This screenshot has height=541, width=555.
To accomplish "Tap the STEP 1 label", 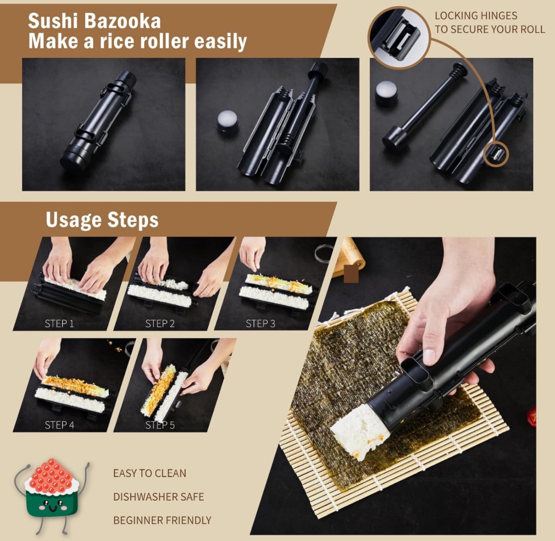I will click(59, 324).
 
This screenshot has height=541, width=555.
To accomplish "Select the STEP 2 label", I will click(160, 324).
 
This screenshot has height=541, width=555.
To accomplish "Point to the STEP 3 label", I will click(260, 324).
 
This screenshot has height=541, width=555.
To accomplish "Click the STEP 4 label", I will click(59, 425).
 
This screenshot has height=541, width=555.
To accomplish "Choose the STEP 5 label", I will click(160, 425).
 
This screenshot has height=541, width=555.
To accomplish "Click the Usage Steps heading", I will click(102, 220).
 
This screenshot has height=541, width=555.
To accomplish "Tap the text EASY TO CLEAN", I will click(149, 473).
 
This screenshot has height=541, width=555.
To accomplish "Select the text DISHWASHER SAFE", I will click(158, 497).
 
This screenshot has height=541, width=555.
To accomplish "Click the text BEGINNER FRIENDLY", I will click(162, 520).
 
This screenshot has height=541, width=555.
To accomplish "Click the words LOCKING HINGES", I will click(476, 16).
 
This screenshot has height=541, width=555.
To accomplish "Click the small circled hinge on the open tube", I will click(496, 154).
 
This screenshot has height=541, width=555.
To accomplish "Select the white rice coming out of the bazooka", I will click(353, 429).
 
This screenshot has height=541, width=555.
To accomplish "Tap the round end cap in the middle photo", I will click(227, 120).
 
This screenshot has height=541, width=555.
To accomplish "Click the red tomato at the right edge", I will click(532, 417).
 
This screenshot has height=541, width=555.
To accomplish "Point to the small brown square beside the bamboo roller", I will click(351, 274).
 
